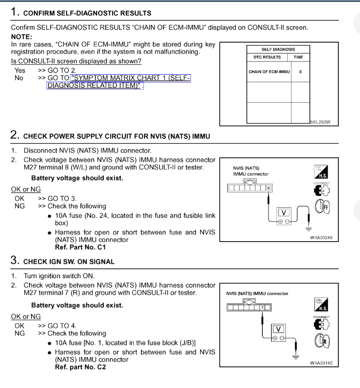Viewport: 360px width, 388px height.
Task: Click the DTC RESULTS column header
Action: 264,57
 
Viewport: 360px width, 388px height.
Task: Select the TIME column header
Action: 299,57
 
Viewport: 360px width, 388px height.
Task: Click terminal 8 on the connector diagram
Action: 268,188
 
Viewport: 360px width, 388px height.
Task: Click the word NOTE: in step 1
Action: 22,36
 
